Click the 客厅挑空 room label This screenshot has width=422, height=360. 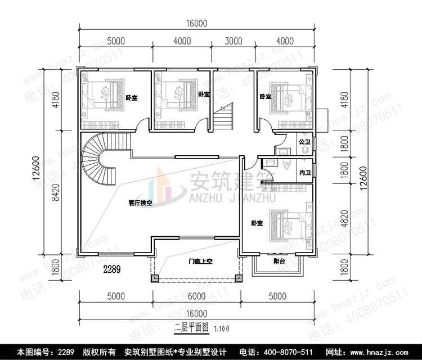(x=140, y=203)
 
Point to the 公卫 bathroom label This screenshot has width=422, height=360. (x=305, y=142)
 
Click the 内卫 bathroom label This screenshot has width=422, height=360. (x=305, y=173)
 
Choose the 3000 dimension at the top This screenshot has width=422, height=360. (x=233, y=41)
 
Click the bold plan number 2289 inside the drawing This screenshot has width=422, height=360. (x=112, y=270)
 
